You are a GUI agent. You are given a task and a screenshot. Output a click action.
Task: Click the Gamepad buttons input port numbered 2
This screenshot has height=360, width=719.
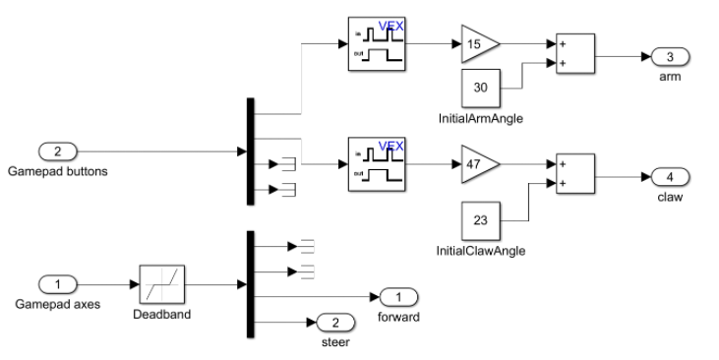tap(57, 151)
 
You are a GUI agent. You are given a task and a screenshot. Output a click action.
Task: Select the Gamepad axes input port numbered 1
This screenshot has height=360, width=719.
tap(57, 284)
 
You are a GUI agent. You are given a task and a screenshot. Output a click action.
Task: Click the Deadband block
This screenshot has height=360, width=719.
tap(162, 284)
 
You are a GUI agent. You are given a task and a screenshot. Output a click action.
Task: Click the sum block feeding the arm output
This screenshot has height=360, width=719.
tap(574, 56)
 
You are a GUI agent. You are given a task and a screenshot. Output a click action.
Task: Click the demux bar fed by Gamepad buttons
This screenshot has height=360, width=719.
tap(250, 151)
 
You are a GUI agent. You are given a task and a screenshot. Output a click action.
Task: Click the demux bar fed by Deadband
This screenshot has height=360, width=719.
tap(250, 284)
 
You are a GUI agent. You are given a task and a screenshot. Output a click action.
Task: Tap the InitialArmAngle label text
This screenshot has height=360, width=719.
tap(480, 119)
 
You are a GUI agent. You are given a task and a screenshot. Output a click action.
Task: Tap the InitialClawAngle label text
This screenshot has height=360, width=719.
tap(480, 251)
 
